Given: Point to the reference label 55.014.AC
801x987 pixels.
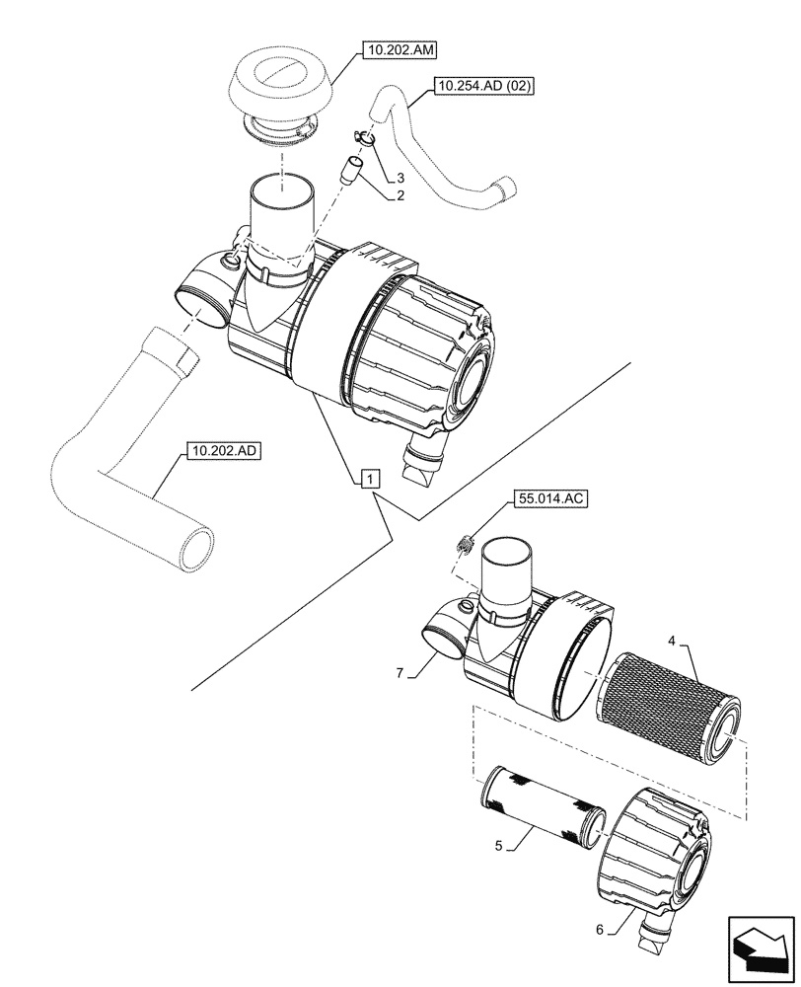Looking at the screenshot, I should point(549,500).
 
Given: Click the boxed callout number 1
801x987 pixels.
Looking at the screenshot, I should point(367,480).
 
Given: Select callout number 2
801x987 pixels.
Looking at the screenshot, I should point(400,196).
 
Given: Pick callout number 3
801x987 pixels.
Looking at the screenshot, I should point(400,177).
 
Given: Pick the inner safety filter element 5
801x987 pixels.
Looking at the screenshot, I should point(541,805).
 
